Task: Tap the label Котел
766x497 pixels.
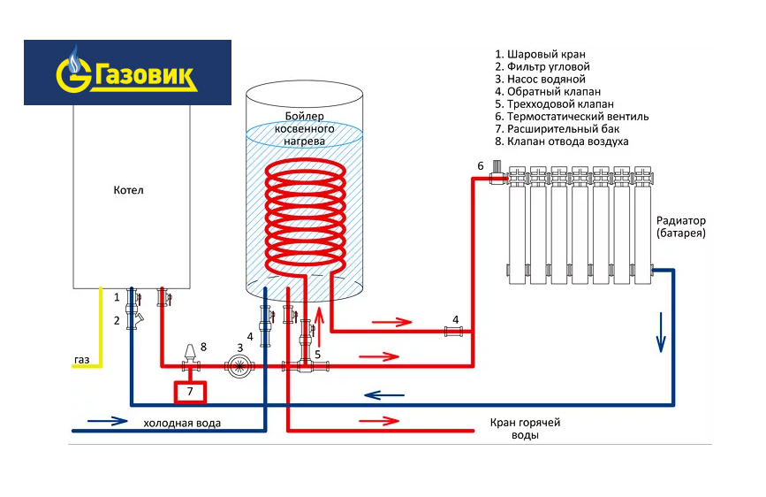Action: click(x=128, y=190)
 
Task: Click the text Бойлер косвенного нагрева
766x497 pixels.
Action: click(x=305, y=129)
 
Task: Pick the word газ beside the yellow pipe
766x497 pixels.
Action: click(x=82, y=360)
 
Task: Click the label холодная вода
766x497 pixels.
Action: click(x=182, y=424)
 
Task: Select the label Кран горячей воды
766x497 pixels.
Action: click(x=525, y=429)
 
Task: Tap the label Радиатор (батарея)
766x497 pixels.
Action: click(x=681, y=226)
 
